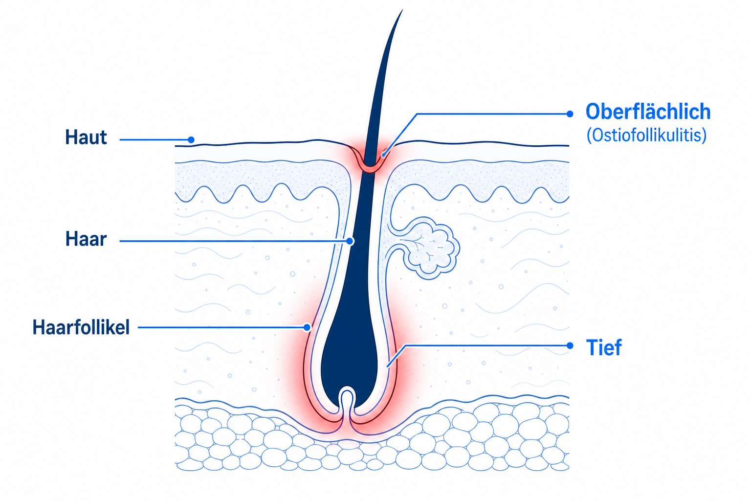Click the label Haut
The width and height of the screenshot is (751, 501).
[86, 137]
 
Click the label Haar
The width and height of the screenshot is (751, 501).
[86, 239]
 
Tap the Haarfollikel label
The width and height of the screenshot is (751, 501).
[81, 327]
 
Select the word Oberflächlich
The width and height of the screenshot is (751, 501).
[648, 112]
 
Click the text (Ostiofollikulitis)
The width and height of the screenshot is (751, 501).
[647, 135]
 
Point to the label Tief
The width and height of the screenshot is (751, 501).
[604, 347]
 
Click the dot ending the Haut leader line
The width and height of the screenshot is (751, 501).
[191, 139]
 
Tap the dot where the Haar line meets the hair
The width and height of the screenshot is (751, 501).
[350, 241]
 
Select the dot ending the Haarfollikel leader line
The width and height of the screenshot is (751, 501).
[307, 327]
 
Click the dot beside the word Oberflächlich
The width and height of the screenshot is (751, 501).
[570, 114]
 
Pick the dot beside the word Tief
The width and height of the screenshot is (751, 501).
[570, 345]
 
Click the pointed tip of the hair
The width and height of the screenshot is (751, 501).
[402, 10]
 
